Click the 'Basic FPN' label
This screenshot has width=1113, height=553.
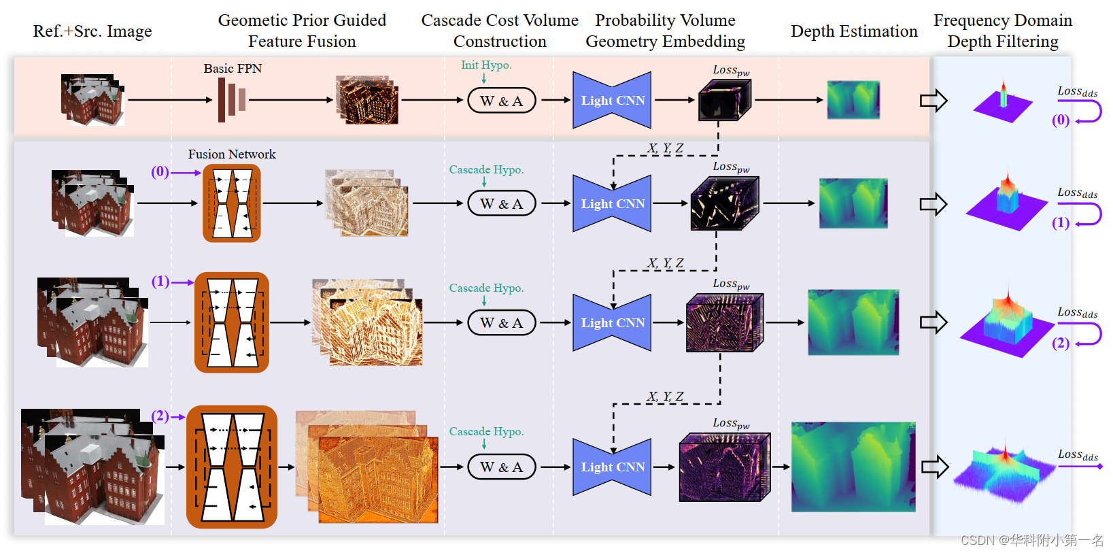[233, 69]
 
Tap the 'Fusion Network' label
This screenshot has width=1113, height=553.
[232, 154]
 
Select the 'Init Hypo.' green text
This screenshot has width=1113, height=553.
[486, 65]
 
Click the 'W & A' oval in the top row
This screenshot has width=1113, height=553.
[502, 101]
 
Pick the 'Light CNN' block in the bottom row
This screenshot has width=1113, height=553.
[612, 467]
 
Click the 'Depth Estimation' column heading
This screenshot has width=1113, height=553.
[854, 31]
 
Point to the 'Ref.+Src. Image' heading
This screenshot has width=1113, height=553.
[92, 31]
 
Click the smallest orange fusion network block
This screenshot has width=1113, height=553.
[232, 203]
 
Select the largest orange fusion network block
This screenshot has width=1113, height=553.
[232, 467]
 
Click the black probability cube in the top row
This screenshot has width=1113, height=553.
[725, 100]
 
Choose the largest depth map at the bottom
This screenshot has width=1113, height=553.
[853, 467]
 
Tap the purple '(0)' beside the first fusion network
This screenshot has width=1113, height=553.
[160, 171]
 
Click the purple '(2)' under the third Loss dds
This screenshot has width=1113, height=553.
[1061, 343]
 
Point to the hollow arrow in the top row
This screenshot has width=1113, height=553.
[934, 101]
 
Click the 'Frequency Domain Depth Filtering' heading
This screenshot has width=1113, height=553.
[1003, 31]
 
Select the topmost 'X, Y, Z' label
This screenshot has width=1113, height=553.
[666, 148]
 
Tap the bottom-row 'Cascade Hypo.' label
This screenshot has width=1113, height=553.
[486, 431]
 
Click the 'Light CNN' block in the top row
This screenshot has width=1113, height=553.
[612, 100]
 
